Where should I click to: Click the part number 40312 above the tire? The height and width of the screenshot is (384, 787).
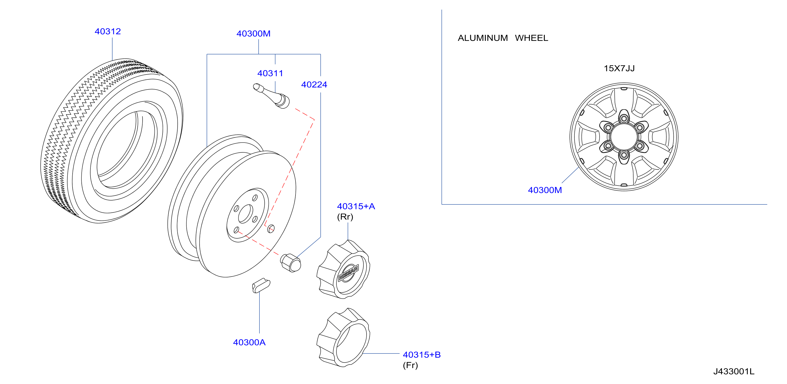pos(108,31)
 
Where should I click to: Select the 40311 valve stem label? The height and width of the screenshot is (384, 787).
pos(270,73)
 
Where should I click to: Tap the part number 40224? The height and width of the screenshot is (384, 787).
pos(314,85)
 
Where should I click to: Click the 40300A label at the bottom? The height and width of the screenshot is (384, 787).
pos(249,342)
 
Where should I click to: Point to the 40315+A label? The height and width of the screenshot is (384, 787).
pos(356,206)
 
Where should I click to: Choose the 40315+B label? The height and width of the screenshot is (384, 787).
pos(421,355)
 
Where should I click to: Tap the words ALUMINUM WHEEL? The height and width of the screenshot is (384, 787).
pos(503,38)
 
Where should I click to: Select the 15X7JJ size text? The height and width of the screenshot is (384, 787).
pos(619,68)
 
